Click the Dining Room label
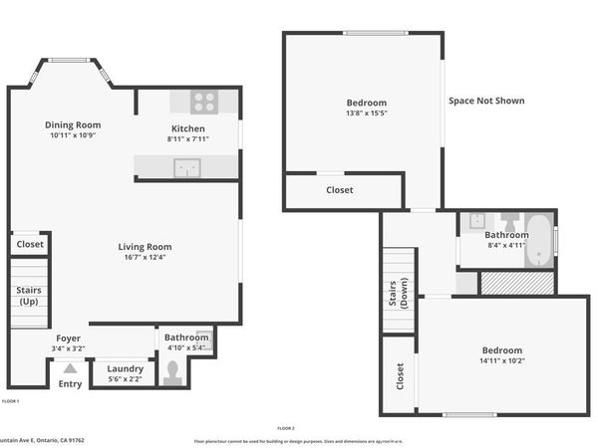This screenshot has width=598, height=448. [73, 124]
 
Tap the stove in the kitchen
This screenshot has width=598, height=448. [204, 101]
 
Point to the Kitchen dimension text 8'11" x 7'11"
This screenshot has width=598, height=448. [187, 139]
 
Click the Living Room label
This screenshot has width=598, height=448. [146, 247]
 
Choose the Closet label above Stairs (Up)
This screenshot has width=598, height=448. [30, 244]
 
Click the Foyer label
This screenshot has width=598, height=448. [68, 337]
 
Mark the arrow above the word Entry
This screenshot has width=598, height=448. [70, 366]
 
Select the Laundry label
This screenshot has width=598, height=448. [126, 368]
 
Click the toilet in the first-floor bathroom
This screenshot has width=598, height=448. [174, 371]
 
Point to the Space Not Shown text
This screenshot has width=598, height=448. [486, 101]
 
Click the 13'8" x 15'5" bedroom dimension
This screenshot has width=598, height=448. [366, 113]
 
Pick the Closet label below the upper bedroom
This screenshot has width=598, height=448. [339, 190]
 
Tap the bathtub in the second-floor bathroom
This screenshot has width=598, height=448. [541, 239]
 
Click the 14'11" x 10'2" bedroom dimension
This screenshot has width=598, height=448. [501, 361]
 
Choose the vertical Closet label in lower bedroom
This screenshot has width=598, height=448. [401, 376]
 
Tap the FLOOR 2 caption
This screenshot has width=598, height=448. [286, 428]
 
